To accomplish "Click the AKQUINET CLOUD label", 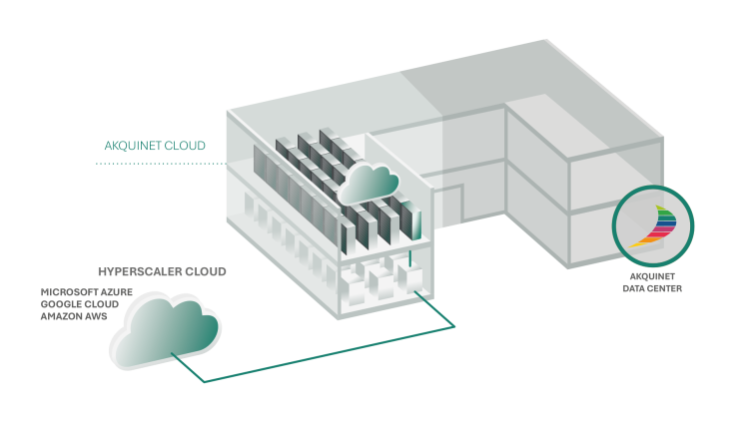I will pyautogui.click(x=155, y=146).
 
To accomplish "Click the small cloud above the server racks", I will pyautogui.click(x=370, y=183).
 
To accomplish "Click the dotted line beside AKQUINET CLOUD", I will pyautogui.click(x=160, y=164).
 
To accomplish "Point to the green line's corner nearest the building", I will pyautogui.click(x=455, y=325).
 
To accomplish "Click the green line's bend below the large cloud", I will pyautogui.click(x=204, y=382).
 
